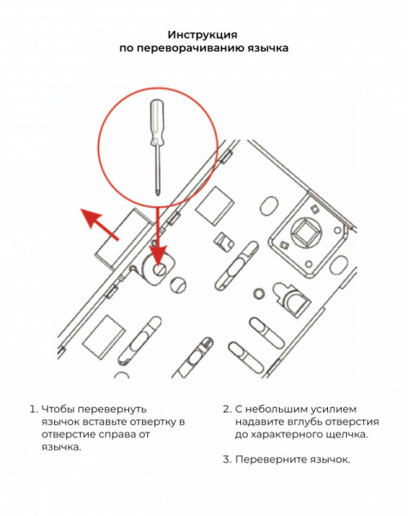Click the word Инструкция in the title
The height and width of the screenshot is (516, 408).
[x=202, y=34]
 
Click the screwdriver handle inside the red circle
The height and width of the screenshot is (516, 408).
[x=156, y=122]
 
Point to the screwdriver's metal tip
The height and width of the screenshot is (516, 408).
[x=158, y=192]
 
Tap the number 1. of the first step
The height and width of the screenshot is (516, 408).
[x=34, y=409]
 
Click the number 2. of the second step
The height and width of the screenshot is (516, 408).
[x=227, y=409]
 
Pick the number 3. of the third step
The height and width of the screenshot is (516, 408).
[x=227, y=459]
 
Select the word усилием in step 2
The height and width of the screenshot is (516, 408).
[x=334, y=409]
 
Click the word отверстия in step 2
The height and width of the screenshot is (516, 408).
[x=353, y=422]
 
